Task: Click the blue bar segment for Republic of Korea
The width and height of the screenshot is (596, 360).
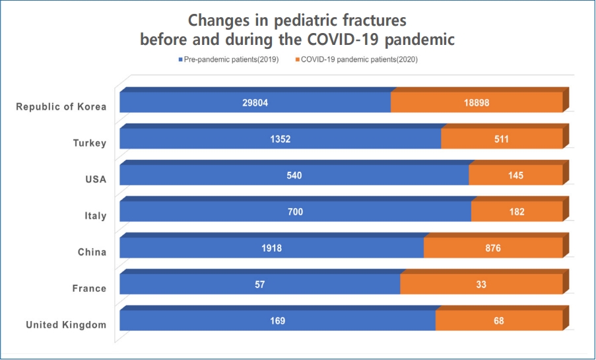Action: point(255,102)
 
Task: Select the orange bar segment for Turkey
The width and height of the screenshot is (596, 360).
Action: point(502,139)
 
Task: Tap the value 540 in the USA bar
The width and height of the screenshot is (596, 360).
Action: point(294,176)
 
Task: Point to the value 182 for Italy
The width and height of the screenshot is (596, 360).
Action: point(517,211)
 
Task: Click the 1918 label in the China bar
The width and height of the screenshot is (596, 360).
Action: point(271,248)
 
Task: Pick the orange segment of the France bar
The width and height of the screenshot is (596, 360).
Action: point(482,284)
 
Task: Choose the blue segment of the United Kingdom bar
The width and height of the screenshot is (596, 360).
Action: point(277,320)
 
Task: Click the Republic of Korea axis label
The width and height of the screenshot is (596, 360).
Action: point(61,106)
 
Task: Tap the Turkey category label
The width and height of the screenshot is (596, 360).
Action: point(90,143)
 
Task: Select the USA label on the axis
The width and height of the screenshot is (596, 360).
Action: point(96,179)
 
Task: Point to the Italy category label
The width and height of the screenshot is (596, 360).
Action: point(96,216)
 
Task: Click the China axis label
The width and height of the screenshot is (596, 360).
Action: point(92,252)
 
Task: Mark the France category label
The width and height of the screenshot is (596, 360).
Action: point(89,289)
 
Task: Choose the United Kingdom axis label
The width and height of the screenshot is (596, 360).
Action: point(66,324)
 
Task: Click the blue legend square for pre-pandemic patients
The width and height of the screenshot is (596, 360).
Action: point(181,59)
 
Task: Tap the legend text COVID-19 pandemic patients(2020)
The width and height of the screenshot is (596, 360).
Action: point(359,59)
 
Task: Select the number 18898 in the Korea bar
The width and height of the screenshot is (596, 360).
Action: point(477,103)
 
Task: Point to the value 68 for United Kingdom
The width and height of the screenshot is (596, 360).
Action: point(499,321)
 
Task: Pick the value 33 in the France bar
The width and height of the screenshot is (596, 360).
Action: point(481,284)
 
